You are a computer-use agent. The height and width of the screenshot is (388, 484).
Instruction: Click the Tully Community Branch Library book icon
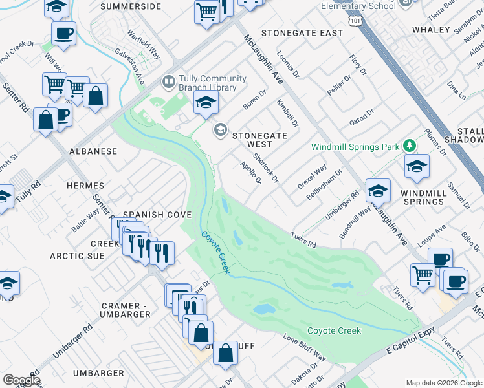[x=168, y=82]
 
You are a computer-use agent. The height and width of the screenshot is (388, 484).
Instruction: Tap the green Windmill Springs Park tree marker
[x=408, y=146]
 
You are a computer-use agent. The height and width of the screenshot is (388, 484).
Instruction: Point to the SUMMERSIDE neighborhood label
[x=131, y=6]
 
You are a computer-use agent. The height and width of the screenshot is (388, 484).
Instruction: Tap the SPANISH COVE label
[x=157, y=215]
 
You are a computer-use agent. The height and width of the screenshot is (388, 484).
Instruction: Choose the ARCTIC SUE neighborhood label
[x=78, y=256]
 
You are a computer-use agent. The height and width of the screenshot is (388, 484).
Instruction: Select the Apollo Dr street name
[x=250, y=173]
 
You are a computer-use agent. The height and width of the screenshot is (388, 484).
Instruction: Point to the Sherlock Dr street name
[x=265, y=167]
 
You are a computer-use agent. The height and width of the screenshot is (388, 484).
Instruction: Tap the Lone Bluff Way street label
[x=305, y=347]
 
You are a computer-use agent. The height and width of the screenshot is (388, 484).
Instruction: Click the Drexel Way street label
[x=312, y=178]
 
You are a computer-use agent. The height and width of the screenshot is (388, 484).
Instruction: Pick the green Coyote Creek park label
[x=334, y=330]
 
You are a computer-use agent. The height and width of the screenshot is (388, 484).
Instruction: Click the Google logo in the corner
[x=21, y=380]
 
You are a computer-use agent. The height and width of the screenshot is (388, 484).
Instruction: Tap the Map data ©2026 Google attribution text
[x=443, y=383]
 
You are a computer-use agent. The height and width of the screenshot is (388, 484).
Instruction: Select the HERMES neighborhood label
[x=85, y=186]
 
